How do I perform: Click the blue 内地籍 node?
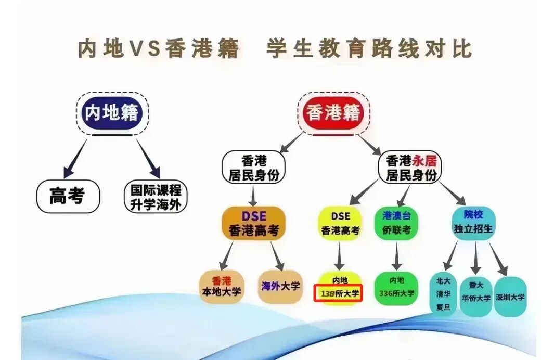(111, 112)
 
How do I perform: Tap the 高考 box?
(67, 196)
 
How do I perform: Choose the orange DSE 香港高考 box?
(253, 223)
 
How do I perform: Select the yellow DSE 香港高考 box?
(340, 223)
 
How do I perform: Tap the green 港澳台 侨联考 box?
(396, 223)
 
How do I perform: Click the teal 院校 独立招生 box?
(473, 222)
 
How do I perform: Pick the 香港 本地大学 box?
(222, 286)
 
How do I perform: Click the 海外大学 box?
(280, 286)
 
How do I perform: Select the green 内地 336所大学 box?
(396, 287)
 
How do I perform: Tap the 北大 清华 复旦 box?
(443, 294)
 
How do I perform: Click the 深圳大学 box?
(510, 297)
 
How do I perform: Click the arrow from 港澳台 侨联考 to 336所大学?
(397, 256)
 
